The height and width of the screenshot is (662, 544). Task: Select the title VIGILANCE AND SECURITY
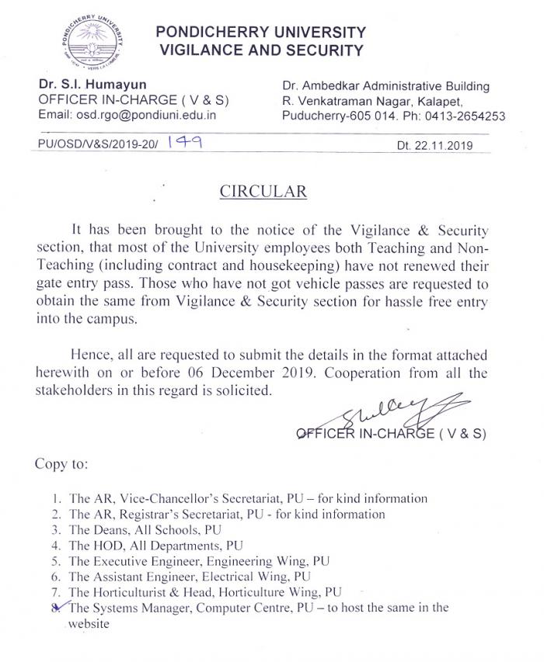260,51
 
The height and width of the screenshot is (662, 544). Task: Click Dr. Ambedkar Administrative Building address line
386,86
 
